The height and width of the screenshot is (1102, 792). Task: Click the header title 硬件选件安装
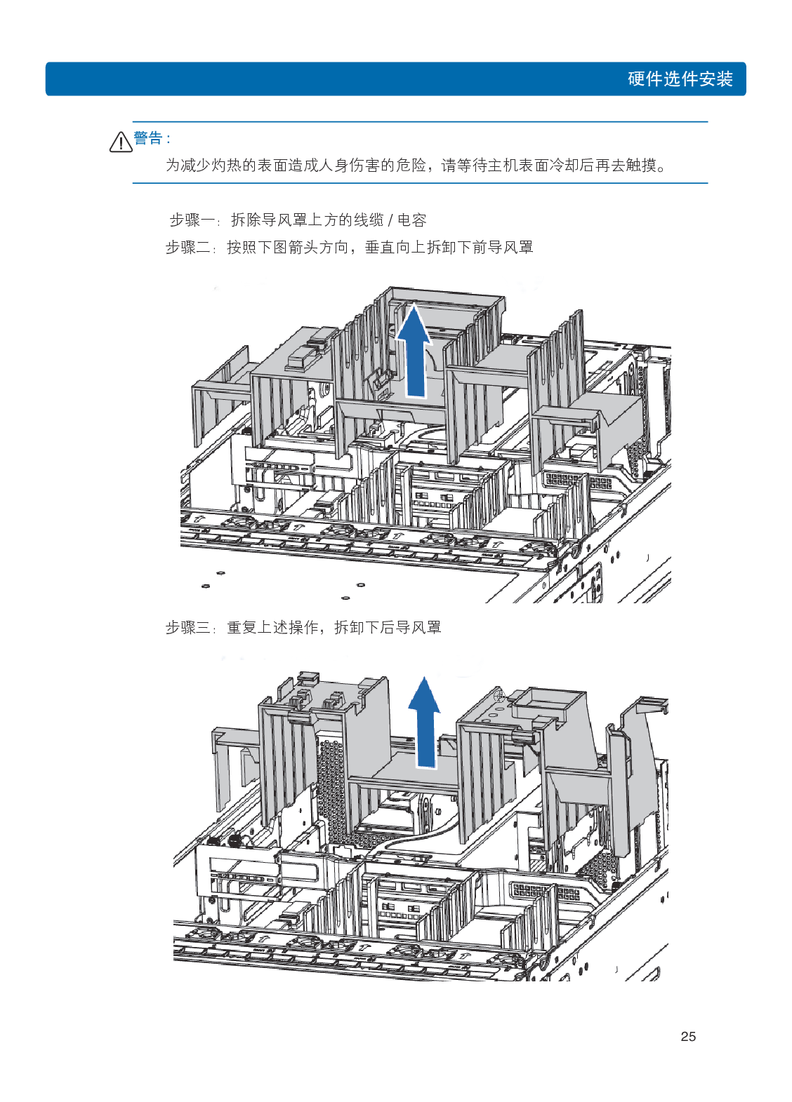tap(680, 79)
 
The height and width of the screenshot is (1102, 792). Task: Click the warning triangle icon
tap(120, 142)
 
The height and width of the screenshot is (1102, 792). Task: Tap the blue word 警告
tap(148, 138)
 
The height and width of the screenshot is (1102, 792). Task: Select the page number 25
tap(688, 1036)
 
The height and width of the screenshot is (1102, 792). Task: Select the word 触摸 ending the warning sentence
tap(641, 166)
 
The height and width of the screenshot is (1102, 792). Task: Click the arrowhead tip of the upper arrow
tap(415, 307)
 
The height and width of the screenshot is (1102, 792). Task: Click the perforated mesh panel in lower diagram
tap(331, 786)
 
